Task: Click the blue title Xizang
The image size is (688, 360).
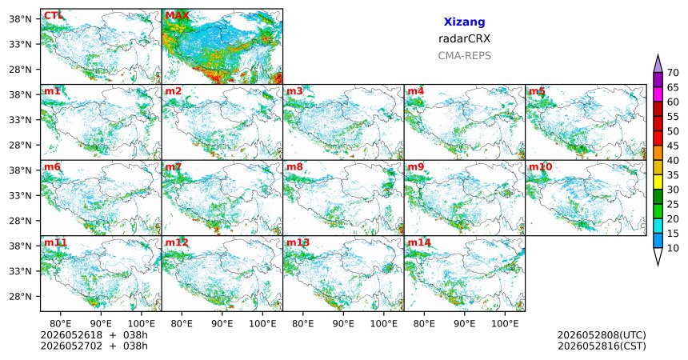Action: tap(464, 22)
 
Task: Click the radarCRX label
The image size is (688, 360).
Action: tap(464, 38)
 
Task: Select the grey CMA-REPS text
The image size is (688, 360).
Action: tap(464, 56)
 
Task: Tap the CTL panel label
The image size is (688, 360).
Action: tap(53, 16)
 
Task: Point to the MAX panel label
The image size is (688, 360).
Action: tap(177, 16)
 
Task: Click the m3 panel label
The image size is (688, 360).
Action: tap(294, 91)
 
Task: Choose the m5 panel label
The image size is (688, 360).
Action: tap(537, 91)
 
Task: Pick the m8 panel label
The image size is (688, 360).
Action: tap(294, 167)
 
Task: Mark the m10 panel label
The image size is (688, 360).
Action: tap(540, 167)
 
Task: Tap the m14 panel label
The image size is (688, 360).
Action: tap(419, 242)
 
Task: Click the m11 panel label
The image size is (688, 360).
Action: tap(55, 242)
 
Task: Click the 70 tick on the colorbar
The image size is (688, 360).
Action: tap(673, 73)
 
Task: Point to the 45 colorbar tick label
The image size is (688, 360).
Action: tap(673, 146)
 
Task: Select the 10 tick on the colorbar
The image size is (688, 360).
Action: tap(673, 248)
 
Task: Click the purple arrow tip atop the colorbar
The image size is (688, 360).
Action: tap(658, 55)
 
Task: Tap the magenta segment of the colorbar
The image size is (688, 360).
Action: tap(658, 94)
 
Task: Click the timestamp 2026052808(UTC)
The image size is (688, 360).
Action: tap(602, 335)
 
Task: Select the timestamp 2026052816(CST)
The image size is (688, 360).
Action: tap(602, 346)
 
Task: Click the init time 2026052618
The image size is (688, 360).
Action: tap(71, 335)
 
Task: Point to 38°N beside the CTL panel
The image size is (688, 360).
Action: tap(20, 19)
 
